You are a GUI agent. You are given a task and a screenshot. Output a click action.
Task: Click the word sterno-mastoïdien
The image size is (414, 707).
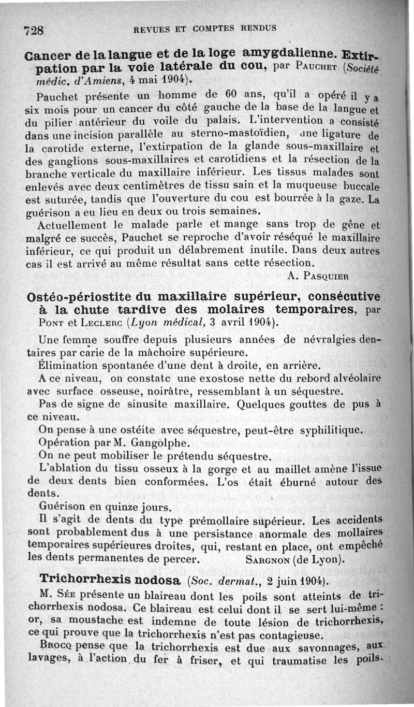(211, 135)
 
